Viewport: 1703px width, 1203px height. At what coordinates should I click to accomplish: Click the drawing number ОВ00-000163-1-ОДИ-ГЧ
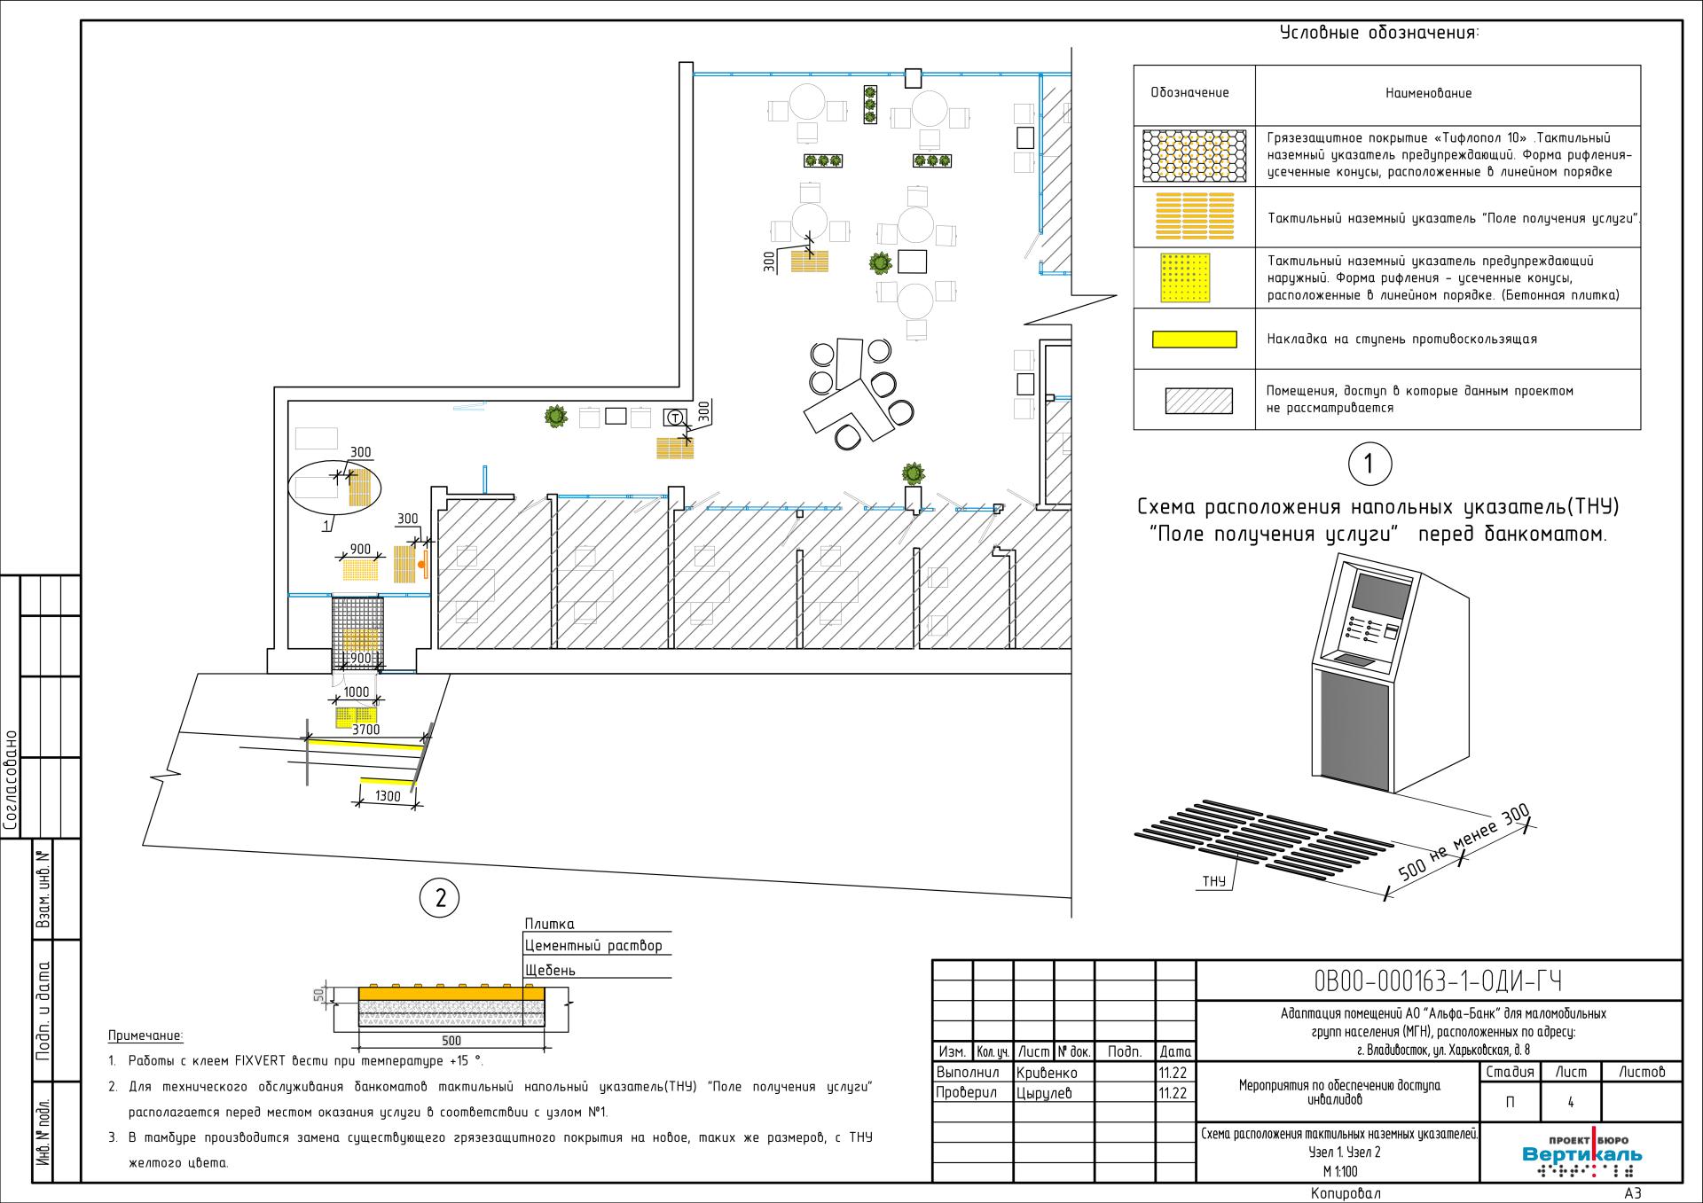[x=1438, y=981]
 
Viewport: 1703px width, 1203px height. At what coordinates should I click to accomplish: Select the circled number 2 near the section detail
[x=439, y=899]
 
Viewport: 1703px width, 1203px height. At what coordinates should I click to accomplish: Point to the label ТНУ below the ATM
[x=1213, y=881]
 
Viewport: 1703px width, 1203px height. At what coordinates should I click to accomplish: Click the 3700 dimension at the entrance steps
[x=365, y=730]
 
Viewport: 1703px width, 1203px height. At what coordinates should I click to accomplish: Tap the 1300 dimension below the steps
[x=388, y=796]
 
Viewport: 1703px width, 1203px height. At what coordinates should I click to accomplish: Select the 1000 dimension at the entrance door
[x=356, y=692]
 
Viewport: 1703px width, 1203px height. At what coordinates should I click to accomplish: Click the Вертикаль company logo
[x=1581, y=1153]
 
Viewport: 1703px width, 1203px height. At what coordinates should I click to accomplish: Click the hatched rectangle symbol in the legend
[x=1199, y=401]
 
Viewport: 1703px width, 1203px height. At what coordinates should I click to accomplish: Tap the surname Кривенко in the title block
[x=1048, y=1073]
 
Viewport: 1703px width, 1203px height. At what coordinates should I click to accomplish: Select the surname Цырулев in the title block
[x=1044, y=1094]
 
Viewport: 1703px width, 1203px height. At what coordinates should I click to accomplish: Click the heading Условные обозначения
[x=1379, y=34]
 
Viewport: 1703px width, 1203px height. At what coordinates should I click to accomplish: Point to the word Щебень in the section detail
[x=550, y=970]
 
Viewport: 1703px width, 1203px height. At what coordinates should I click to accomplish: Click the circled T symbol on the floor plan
[x=676, y=418]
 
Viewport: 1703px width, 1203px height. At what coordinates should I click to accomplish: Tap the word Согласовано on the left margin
[x=11, y=779]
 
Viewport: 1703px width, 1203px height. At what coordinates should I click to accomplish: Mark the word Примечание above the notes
[x=145, y=1035]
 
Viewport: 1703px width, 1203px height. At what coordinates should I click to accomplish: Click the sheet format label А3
[x=1633, y=1193]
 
